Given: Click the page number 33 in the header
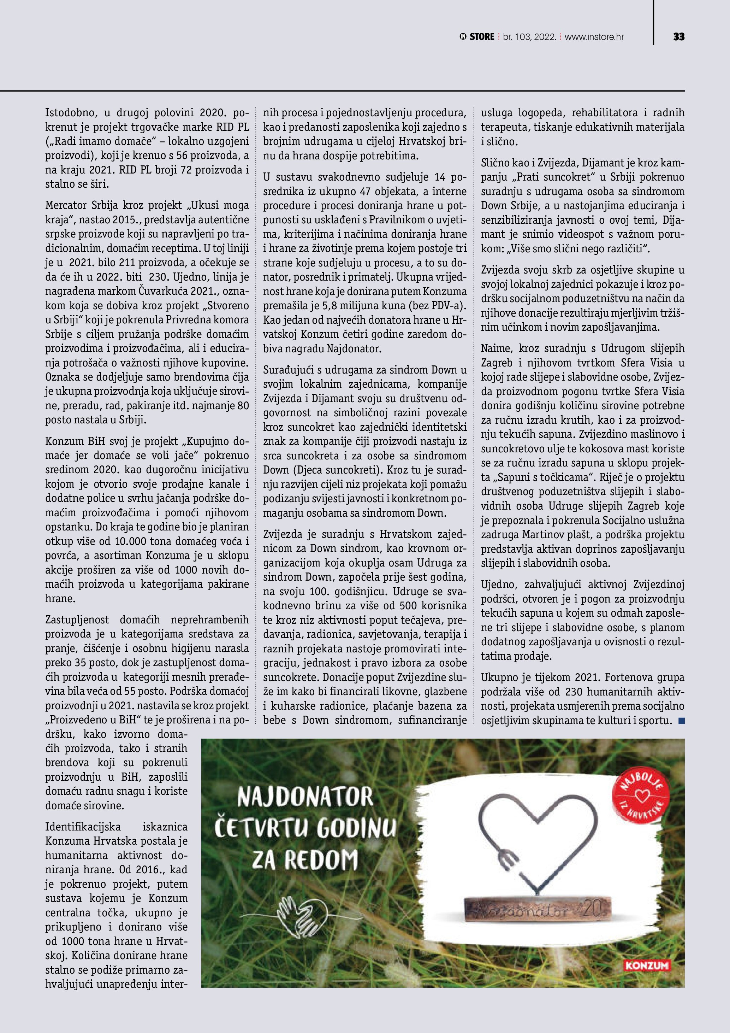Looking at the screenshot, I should pyautogui.click(x=679, y=37).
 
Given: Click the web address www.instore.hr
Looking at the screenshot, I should pyautogui.click(x=594, y=37).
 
